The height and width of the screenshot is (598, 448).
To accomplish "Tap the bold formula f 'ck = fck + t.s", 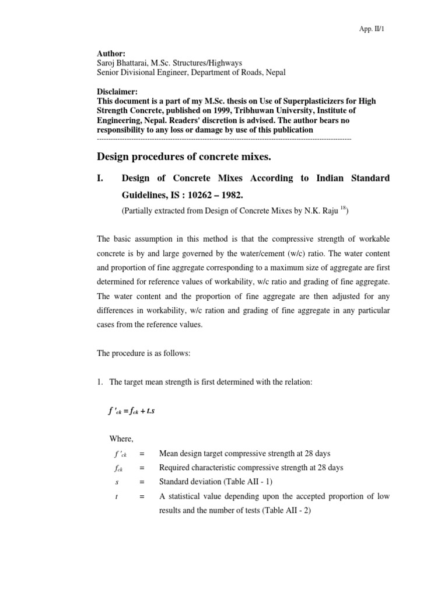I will point(132,411).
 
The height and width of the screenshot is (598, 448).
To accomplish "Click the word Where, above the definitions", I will point(121,439).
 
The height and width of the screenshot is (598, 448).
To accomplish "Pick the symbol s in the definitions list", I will point(117,482).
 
